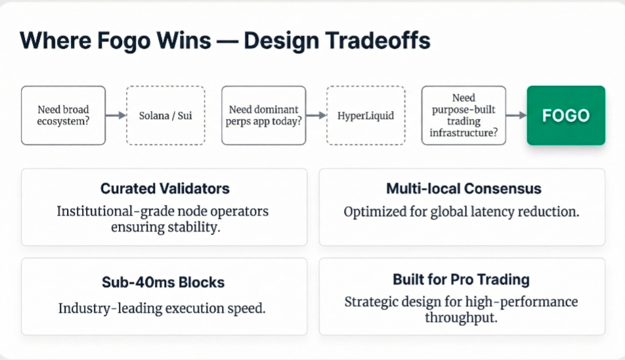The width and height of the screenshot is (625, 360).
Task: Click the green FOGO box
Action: click(566, 115)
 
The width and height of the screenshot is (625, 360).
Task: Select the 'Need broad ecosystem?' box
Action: click(64, 115)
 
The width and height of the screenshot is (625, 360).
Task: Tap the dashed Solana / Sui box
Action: click(165, 115)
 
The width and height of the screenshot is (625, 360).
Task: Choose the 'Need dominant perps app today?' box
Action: click(263, 115)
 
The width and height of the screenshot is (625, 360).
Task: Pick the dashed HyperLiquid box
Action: click(366, 115)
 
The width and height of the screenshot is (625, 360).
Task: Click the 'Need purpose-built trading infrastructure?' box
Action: click(463, 115)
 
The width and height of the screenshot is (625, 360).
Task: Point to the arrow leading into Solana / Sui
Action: click(116, 115)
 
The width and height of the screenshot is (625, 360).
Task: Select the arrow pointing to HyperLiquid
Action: click(316, 115)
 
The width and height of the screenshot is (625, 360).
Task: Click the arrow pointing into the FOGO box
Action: click(516, 115)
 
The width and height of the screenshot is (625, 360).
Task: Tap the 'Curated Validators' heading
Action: click(165, 189)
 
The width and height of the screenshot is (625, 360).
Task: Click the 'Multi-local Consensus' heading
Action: click(463, 189)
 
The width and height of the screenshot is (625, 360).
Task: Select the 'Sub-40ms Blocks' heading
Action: click(163, 282)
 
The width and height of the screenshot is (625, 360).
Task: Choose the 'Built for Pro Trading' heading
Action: click(461, 279)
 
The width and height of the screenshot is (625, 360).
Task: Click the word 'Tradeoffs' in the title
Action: click(377, 40)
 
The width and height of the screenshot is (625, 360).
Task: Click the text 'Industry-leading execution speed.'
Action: click(162, 308)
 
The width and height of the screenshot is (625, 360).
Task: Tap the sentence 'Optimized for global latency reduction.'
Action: click(462, 212)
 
